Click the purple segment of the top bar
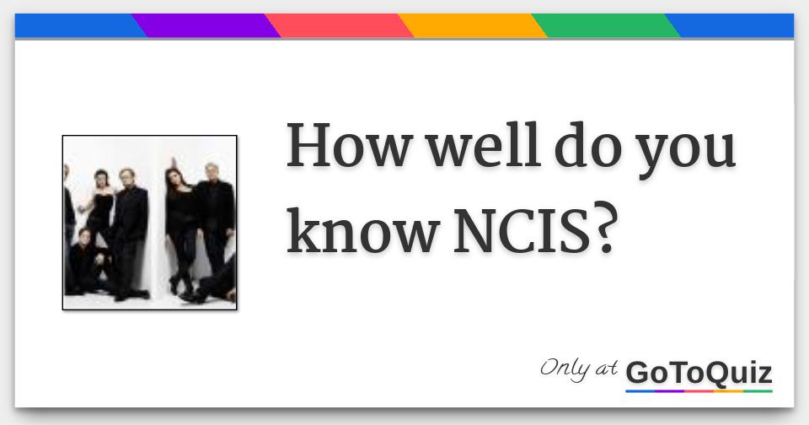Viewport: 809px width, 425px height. point(206,26)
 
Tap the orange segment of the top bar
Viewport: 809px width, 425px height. point(472,26)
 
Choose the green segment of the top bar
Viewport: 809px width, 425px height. point(605,26)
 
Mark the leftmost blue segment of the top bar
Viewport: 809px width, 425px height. point(76,26)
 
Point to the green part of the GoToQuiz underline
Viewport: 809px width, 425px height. point(758,391)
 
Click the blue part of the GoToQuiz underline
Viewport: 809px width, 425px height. point(640,391)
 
